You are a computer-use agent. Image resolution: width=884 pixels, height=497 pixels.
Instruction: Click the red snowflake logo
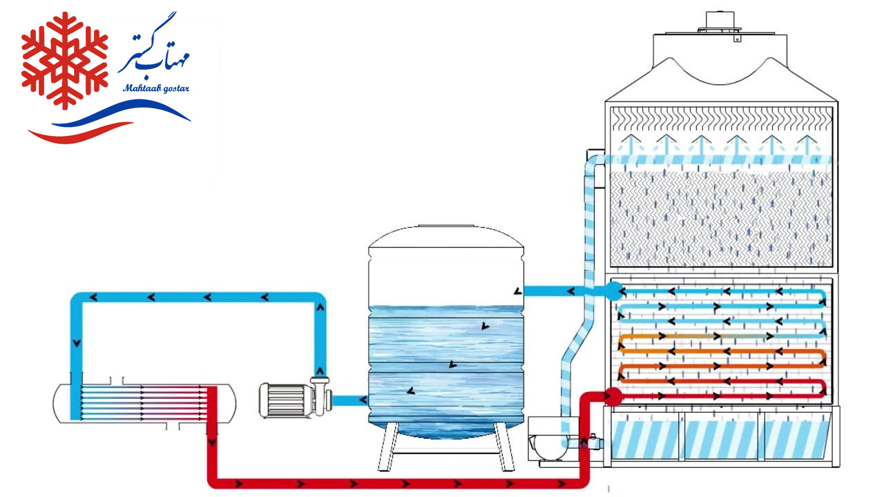click(x=64, y=60)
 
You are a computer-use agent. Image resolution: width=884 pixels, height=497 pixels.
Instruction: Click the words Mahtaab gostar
click(x=155, y=88)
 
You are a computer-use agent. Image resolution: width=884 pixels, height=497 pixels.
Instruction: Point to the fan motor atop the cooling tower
click(x=719, y=21)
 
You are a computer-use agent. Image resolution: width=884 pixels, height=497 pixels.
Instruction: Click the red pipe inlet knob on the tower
click(x=612, y=396)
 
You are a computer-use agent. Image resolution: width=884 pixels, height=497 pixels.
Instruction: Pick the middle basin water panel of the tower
click(x=719, y=438)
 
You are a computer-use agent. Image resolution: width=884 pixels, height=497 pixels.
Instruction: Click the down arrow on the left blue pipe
click(x=77, y=342)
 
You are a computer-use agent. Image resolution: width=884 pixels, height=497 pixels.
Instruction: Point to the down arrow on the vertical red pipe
click(x=212, y=440)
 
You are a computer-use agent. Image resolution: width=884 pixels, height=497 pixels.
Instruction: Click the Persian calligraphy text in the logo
click(x=157, y=52)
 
